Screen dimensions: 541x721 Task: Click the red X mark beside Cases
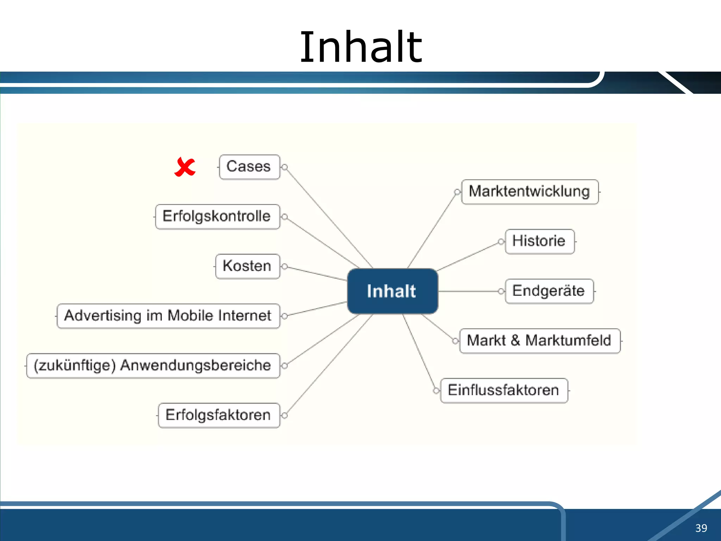pyautogui.click(x=184, y=167)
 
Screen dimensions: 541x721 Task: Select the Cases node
pyautogui.click(x=249, y=167)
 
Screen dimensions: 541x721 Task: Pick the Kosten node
pyautogui.click(x=247, y=266)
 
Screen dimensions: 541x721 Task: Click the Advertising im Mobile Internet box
pyautogui.click(x=168, y=316)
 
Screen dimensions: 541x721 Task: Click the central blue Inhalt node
pyautogui.click(x=392, y=291)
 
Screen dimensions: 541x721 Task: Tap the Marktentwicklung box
pyautogui.click(x=529, y=192)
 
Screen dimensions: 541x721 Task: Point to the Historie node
pyautogui.click(x=539, y=241)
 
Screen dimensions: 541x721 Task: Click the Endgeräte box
pyautogui.click(x=549, y=291)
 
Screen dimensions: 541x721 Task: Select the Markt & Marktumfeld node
pyautogui.click(x=539, y=341)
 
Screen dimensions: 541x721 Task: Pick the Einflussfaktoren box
pyautogui.click(x=504, y=391)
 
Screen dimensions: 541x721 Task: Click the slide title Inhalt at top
pyautogui.click(x=360, y=48)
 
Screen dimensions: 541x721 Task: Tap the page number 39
pyautogui.click(x=701, y=528)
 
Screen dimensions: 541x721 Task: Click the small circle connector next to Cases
pyautogui.click(x=285, y=167)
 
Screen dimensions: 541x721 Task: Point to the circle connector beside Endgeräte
pyautogui.click(x=501, y=291)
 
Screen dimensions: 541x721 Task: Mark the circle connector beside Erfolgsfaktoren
pyautogui.click(x=285, y=415)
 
